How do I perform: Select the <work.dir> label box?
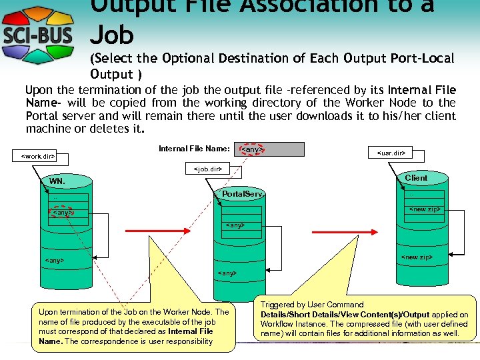click(38, 157)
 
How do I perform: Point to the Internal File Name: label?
click(194, 149)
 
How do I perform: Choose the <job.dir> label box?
click(207, 169)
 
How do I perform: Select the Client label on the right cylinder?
click(416, 178)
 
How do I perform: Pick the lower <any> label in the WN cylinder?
click(54, 260)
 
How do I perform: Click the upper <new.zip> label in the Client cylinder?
click(425, 209)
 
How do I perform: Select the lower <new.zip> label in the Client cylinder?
click(416, 257)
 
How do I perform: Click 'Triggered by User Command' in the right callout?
click(312, 305)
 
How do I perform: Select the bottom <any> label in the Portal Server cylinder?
click(227, 273)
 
